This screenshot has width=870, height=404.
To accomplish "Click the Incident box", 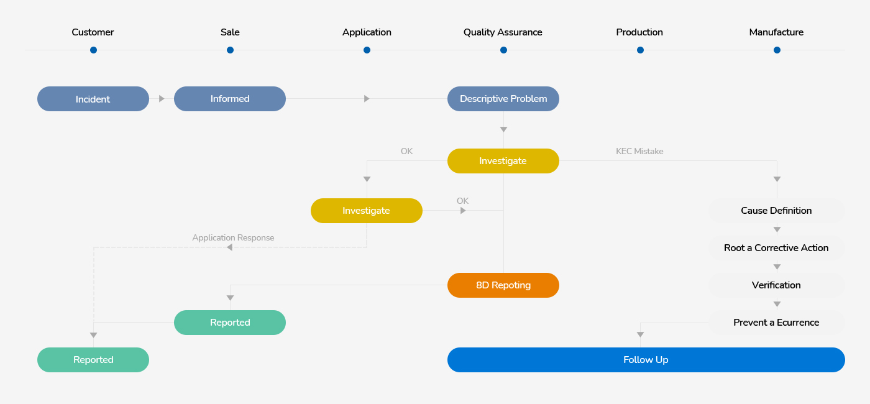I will click(93, 99).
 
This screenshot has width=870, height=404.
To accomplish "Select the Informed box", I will click(230, 99).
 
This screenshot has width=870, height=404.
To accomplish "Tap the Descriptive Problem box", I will click(503, 99).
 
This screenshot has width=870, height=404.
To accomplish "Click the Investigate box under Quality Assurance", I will click(503, 161).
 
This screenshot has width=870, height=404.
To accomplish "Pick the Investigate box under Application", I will click(367, 211).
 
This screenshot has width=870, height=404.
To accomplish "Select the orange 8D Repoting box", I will click(503, 285).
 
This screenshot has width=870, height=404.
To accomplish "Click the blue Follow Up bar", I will click(646, 360).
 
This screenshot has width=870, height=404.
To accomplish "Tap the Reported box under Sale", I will click(230, 323).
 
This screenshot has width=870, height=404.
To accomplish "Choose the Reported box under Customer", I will click(93, 360).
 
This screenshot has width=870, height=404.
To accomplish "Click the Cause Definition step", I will click(776, 211).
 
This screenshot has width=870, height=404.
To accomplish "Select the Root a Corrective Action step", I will click(776, 248).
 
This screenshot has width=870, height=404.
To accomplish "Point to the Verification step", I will click(776, 285).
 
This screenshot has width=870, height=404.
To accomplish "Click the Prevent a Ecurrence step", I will click(776, 323).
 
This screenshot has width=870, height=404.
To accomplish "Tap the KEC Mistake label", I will click(639, 151).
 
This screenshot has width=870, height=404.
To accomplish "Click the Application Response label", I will click(233, 237).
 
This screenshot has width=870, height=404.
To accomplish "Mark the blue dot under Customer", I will click(93, 50).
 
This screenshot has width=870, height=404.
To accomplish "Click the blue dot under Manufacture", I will click(777, 50).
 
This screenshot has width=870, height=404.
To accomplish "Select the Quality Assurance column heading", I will click(503, 32).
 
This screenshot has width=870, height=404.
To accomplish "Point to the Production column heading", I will click(639, 32).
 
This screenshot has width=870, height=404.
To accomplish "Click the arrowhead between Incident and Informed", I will click(162, 99).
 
